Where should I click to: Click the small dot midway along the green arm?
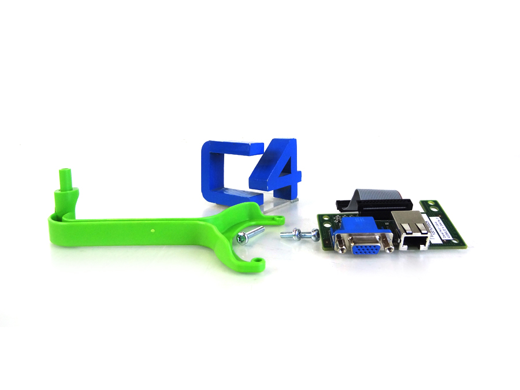click(x=152, y=229)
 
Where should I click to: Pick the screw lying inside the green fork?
click(x=249, y=235)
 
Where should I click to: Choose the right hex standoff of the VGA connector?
click(x=391, y=247)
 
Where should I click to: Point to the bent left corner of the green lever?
click(x=52, y=220)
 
